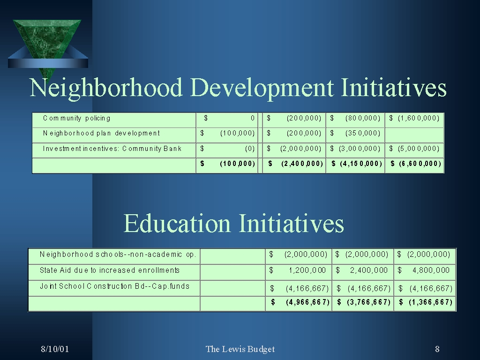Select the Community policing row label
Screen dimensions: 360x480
tap(77, 119)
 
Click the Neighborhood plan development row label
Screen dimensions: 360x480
tap(101, 134)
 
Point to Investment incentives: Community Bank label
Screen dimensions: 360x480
tap(112, 149)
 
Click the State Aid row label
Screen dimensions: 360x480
tap(110, 270)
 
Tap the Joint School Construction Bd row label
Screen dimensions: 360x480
tap(114, 286)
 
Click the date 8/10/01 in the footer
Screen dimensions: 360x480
tap(55, 349)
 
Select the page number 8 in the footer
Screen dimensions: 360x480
tap(437, 349)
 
